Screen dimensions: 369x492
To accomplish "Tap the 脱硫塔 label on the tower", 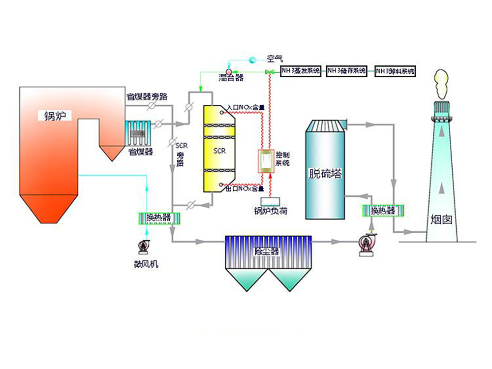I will click(325, 173).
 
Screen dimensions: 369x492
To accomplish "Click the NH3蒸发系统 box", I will click(300, 71).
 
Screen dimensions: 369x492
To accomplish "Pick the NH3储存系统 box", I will click(347, 71).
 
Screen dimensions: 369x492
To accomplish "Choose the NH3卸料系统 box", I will click(395, 71).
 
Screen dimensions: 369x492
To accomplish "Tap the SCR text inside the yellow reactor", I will click(219, 151).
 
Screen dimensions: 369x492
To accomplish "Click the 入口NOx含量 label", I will click(246, 107).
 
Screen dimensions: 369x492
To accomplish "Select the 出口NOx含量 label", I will click(245, 189).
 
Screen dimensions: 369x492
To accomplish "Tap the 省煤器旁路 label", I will click(147, 97).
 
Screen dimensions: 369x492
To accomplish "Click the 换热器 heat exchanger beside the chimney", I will click(383, 211).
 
